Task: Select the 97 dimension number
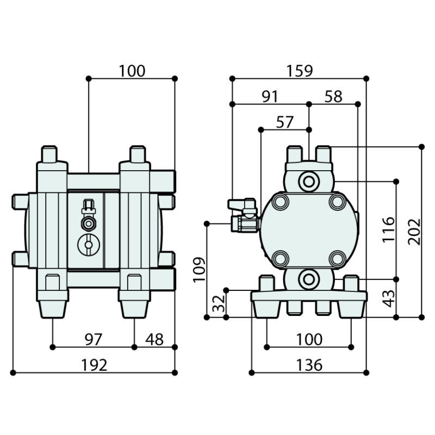[93, 339]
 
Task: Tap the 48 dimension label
[154, 339]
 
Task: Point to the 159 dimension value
[299, 71]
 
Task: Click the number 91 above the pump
[270, 97]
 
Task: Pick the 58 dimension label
[333, 97]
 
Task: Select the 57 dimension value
[285, 122]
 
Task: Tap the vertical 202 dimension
[414, 232]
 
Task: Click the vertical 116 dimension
[388, 230]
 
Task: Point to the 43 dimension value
[388, 298]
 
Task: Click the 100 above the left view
[132, 71]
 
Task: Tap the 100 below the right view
[309, 339]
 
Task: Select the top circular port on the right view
[309, 181]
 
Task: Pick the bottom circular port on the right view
[309, 279]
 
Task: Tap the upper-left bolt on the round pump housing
[281, 202]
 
